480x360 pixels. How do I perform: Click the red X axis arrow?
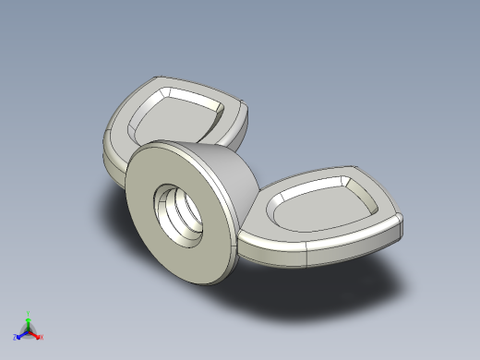click(x=36, y=334)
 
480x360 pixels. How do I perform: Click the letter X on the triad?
click(x=42, y=337)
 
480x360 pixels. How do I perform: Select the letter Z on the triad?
click(x=15, y=338)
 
